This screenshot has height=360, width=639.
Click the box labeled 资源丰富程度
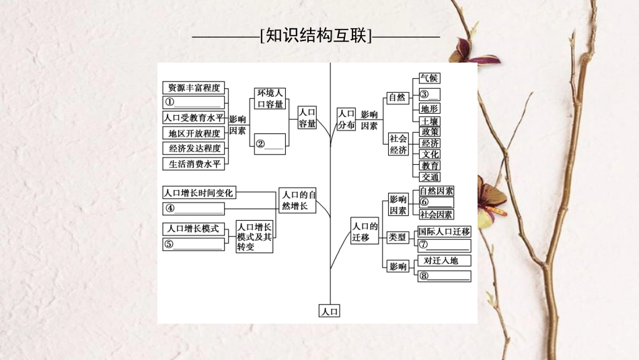click(x=193, y=87)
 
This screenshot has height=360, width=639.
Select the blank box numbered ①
click(x=193, y=102)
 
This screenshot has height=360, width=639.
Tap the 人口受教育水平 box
click(x=193, y=118)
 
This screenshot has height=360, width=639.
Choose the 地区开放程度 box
click(x=193, y=133)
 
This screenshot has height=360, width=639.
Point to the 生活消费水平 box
click(x=193, y=164)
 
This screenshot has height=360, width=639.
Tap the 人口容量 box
click(x=307, y=118)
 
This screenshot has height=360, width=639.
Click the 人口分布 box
click(x=346, y=119)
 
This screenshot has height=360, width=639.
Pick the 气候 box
click(x=429, y=78)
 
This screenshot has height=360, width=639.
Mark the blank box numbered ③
click(x=429, y=94)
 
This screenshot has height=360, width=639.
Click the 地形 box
click(x=429, y=108)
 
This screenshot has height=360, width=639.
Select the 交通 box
click(x=430, y=177)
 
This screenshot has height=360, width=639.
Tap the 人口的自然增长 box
click(x=297, y=200)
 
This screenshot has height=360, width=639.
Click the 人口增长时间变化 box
click(x=199, y=192)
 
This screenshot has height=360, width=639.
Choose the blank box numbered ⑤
click(x=193, y=244)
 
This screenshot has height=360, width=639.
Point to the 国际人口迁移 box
click(x=444, y=231)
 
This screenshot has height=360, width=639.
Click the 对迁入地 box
click(x=444, y=260)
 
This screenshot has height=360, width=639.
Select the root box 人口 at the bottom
click(x=330, y=311)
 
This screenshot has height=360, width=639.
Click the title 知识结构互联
click(x=316, y=36)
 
